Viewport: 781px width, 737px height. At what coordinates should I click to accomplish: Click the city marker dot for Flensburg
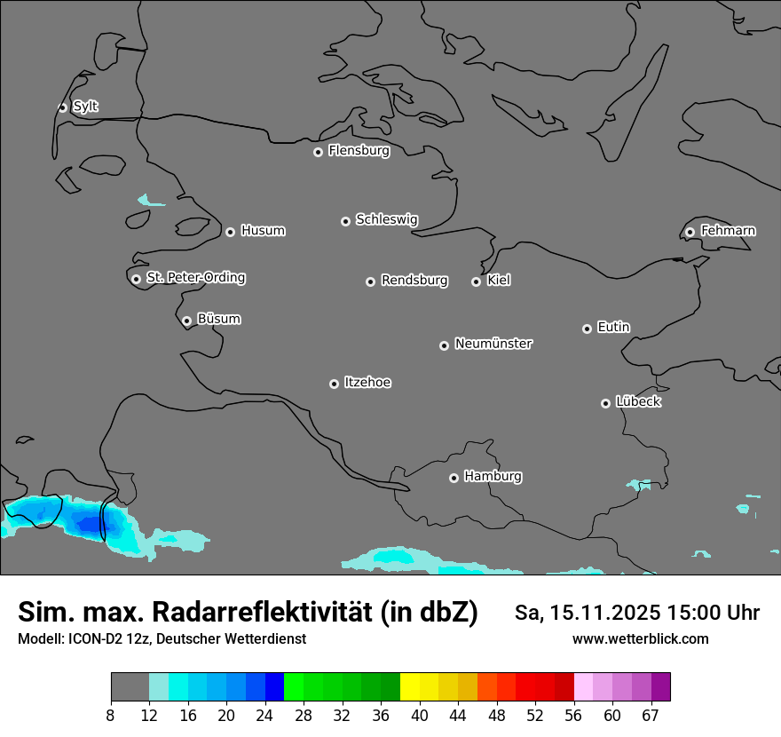pyautogui.click(x=318, y=152)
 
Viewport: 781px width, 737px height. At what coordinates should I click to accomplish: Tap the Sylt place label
pyautogui.click(x=85, y=107)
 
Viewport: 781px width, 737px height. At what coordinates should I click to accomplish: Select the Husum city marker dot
pyautogui.click(x=230, y=232)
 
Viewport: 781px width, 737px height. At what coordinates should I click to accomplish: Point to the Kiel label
pyautogui.click(x=499, y=281)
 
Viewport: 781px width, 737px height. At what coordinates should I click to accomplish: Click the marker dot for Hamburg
pyautogui.click(x=454, y=478)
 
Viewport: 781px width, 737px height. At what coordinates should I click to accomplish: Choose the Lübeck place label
pyautogui.click(x=638, y=402)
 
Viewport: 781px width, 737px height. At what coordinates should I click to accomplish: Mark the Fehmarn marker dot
pyautogui.click(x=690, y=232)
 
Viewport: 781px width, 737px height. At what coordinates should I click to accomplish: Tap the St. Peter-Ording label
pyautogui.click(x=195, y=278)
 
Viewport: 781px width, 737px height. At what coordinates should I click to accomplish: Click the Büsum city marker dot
pyautogui.click(x=186, y=321)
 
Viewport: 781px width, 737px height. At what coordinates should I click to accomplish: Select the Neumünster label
pyautogui.click(x=493, y=344)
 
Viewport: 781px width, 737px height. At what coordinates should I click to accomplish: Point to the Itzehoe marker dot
pyautogui.click(x=334, y=384)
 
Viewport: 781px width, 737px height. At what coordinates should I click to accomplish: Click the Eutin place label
pyautogui.click(x=613, y=328)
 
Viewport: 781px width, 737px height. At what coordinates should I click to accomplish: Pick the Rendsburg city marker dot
pyautogui.click(x=370, y=281)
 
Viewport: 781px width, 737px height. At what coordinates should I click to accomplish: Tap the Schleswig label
pyautogui.click(x=386, y=219)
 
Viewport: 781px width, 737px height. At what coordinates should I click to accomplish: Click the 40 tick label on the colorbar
pyautogui.click(x=420, y=715)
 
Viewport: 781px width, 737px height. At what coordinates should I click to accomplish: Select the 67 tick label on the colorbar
pyautogui.click(x=651, y=715)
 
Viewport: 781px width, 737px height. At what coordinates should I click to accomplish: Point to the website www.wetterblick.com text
pyautogui.click(x=640, y=638)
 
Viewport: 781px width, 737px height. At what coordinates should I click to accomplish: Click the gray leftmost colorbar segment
pyautogui.click(x=130, y=687)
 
